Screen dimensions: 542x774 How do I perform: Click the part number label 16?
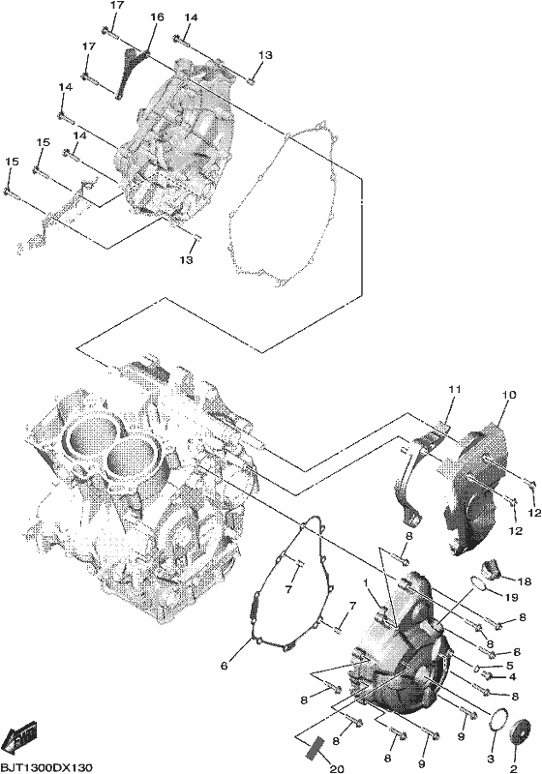[157, 17]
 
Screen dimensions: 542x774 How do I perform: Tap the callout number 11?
[454, 390]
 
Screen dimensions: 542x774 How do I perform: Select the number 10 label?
[509, 395]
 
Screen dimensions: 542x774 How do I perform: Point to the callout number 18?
[525, 582]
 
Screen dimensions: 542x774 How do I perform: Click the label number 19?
[511, 598]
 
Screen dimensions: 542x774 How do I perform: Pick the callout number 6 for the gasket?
[225, 667]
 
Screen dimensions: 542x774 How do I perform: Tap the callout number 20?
[336, 768]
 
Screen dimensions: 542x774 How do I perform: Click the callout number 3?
[491, 758]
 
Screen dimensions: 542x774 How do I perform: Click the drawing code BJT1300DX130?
[46, 767]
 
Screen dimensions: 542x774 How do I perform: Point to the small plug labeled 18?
[491, 569]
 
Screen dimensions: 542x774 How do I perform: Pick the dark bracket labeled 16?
[131, 71]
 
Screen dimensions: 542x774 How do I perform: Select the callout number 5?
[510, 666]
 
